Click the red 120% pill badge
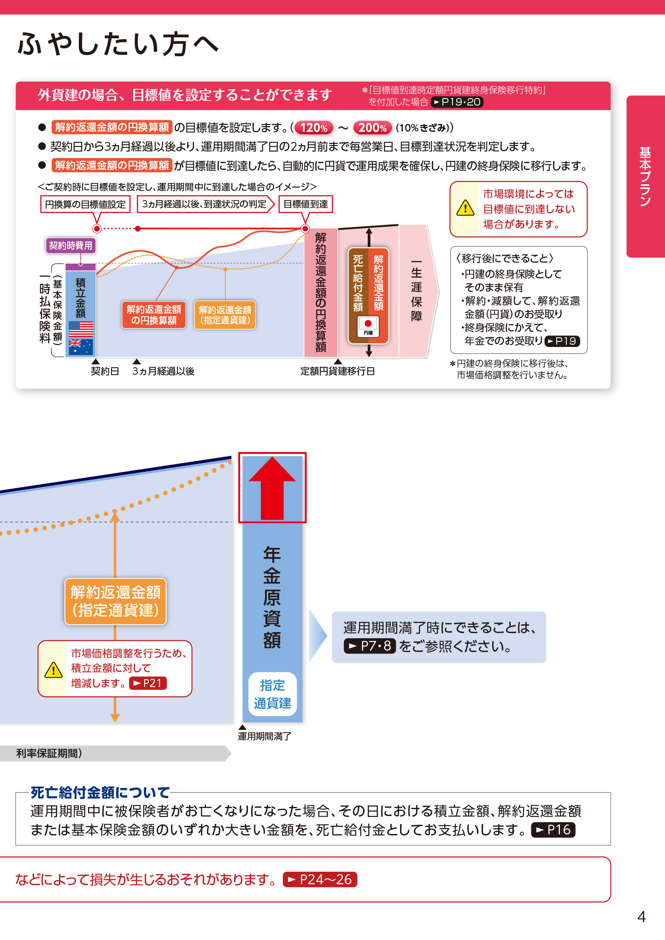[314, 128]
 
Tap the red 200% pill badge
[372, 128]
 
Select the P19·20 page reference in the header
[457, 102]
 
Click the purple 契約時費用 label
[71, 246]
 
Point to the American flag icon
[81, 329]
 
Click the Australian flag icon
[81, 347]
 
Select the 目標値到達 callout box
[306, 204]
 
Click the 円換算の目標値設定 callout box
[85, 204]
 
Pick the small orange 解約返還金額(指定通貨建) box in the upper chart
[225, 315]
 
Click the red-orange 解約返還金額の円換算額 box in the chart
[154, 315]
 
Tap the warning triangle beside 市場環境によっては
[465, 208]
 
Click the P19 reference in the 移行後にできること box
[562, 341]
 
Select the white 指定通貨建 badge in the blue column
[272, 694]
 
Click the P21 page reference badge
[148, 683]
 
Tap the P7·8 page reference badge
[370, 646]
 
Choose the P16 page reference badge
[553, 830]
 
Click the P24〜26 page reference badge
[320, 880]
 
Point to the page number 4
[641, 916]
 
